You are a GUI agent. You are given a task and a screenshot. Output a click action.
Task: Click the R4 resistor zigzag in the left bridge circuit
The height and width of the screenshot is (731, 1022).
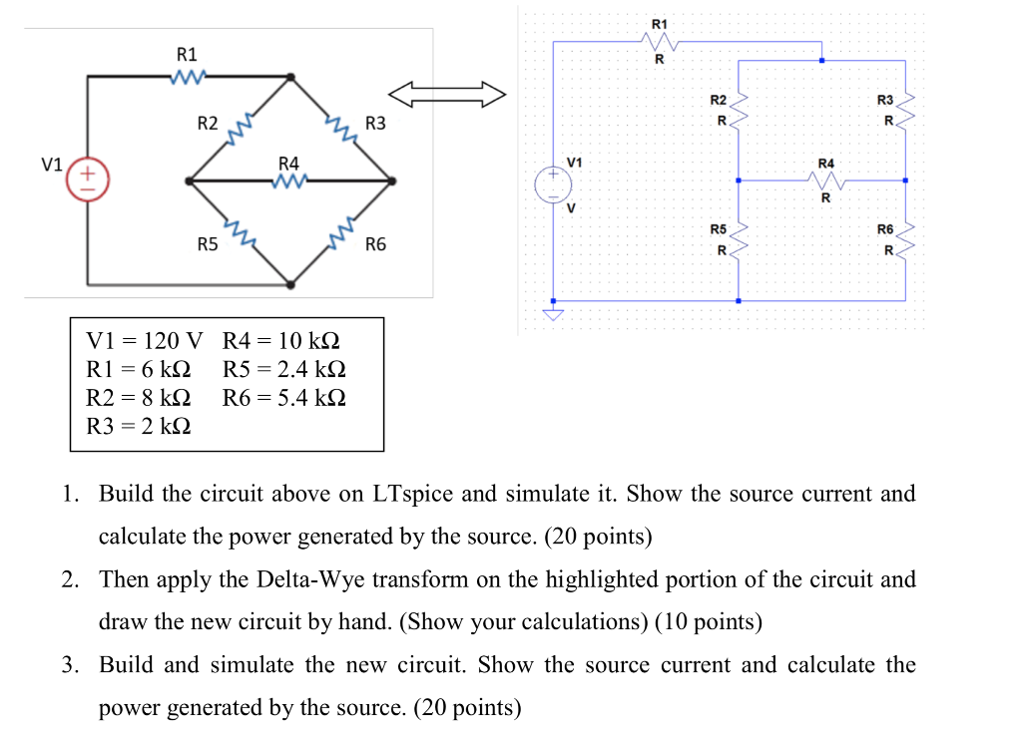pyautogui.click(x=288, y=182)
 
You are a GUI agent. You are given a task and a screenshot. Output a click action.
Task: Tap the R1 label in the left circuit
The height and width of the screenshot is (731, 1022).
pyautogui.click(x=187, y=54)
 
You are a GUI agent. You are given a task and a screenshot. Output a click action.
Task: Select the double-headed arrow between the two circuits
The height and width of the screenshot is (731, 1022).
pyautogui.click(x=447, y=95)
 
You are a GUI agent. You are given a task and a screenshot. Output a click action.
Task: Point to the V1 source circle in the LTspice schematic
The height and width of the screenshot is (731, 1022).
pyautogui.click(x=553, y=183)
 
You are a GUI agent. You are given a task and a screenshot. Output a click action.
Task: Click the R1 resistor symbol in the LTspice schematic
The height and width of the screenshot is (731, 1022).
pyautogui.click(x=660, y=42)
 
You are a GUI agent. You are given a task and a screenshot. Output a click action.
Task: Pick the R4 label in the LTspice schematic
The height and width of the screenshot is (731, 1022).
pyautogui.click(x=825, y=162)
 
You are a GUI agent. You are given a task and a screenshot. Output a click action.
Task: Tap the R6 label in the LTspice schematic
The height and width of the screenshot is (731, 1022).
pyautogui.click(x=885, y=229)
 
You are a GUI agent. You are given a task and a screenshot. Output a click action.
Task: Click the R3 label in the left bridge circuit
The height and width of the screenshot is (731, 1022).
pyautogui.click(x=376, y=124)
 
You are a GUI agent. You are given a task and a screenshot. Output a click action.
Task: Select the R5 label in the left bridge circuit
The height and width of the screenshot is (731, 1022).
pyautogui.click(x=208, y=244)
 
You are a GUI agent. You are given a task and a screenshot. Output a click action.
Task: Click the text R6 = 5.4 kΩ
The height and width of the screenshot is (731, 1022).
pyautogui.click(x=284, y=398)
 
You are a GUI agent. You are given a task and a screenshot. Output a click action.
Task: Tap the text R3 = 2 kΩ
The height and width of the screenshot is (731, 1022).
pyautogui.click(x=140, y=427)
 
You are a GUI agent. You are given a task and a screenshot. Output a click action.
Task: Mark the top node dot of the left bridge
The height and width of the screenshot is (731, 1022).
pyautogui.click(x=290, y=76)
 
